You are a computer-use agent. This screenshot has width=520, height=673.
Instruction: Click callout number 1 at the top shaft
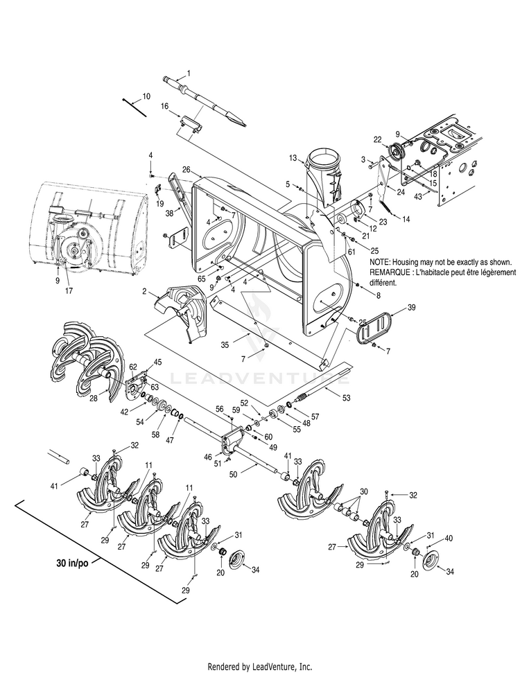[189, 73]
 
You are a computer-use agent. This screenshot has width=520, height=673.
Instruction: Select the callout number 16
[165, 106]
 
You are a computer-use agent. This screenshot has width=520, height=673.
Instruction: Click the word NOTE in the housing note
[381, 263]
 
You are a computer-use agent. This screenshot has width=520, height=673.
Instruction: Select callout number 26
[186, 169]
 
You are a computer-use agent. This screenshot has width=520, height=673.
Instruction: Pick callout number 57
[315, 417]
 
